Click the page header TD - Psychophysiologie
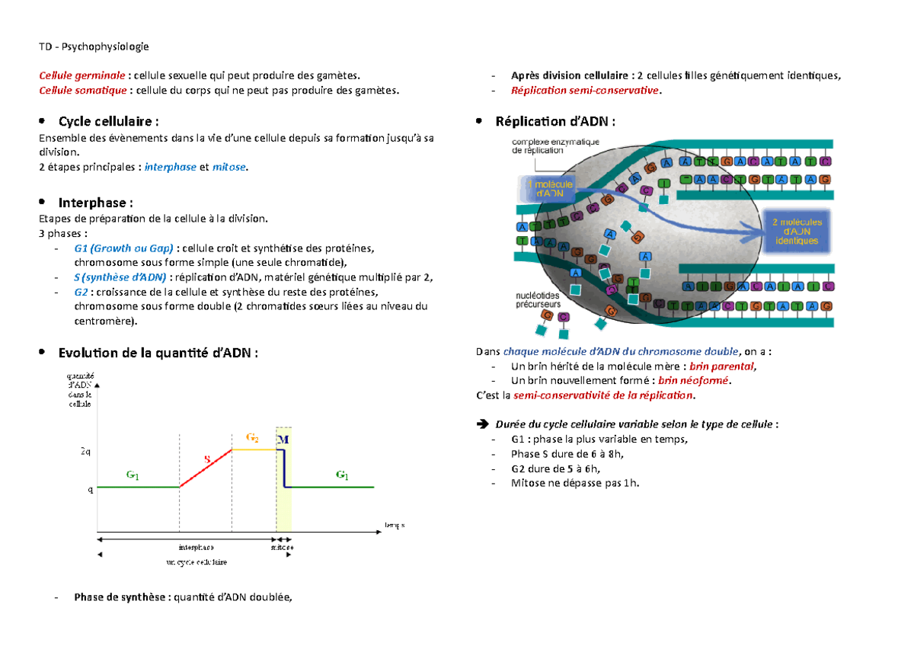click(x=94, y=46)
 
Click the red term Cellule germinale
click(x=82, y=75)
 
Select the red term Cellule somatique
click(x=83, y=91)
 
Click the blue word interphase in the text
click(x=170, y=167)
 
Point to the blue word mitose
click(x=229, y=167)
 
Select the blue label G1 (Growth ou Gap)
click(x=125, y=248)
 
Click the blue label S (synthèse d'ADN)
click(x=120, y=277)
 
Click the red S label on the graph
click(x=206, y=459)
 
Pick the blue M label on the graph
click(x=283, y=441)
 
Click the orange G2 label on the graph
click(x=252, y=438)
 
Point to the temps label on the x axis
click(x=395, y=525)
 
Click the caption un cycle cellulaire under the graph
click(x=196, y=561)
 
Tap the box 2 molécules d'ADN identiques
click(x=796, y=230)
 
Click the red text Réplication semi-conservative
click(x=586, y=91)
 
